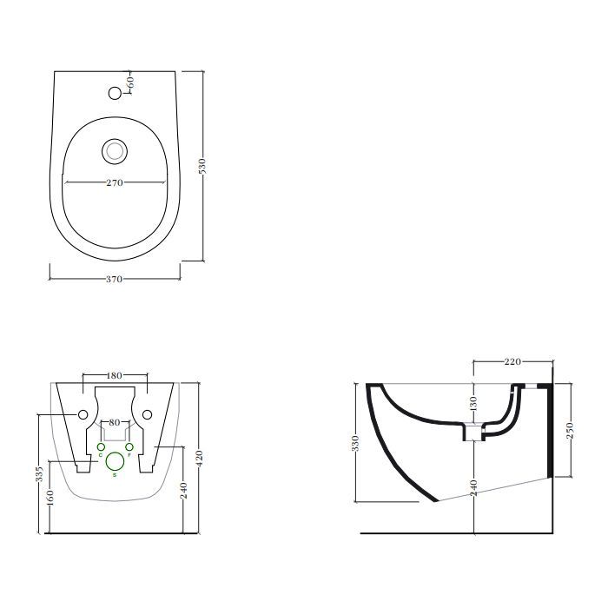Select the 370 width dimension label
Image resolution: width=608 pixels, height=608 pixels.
coord(114,279)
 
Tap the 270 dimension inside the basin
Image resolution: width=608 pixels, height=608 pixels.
coord(114,182)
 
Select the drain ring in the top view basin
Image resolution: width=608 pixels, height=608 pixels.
coord(114,150)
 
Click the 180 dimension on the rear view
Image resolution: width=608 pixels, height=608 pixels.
coord(114,375)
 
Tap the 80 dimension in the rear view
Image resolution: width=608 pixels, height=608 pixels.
coord(114,423)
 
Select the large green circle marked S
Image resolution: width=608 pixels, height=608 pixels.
coord(115,463)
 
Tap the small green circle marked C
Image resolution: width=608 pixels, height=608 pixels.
coord(101,447)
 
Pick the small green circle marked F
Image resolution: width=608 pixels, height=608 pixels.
coord(129,447)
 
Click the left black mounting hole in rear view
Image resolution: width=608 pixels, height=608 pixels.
coord(83,413)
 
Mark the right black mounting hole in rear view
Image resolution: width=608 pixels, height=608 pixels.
coord(148,413)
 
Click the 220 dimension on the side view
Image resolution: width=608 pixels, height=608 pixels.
coord(512,361)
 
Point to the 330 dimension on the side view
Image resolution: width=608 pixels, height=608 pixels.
coord(355,444)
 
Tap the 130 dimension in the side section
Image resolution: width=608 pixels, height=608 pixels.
coord(473,403)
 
